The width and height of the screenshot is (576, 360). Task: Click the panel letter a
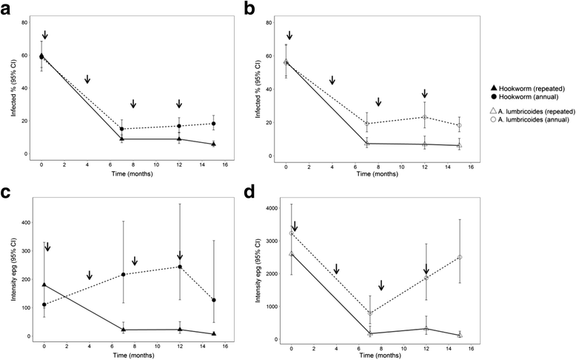click(x=8, y=8)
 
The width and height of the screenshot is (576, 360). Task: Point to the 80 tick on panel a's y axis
click(x=24, y=22)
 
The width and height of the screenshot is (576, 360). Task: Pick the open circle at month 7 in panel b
click(x=368, y=124)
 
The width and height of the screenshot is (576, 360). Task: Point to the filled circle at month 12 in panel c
click(x=179, y=267)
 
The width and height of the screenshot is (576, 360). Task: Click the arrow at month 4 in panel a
click(x=87, y=79)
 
